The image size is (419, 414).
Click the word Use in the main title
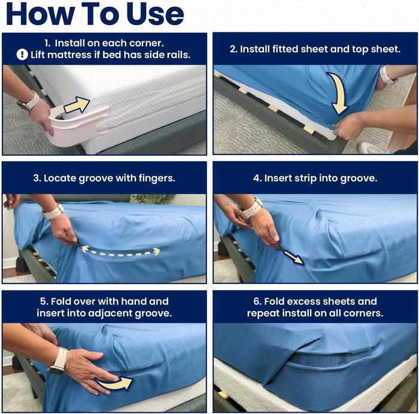155,14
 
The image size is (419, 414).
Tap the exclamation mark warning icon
22,55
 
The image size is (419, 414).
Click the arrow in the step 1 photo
77,105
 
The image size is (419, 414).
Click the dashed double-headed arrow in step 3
121,252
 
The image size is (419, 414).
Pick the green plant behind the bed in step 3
153,199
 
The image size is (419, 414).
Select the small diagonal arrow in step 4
293,257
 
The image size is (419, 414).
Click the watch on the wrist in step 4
251,209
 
